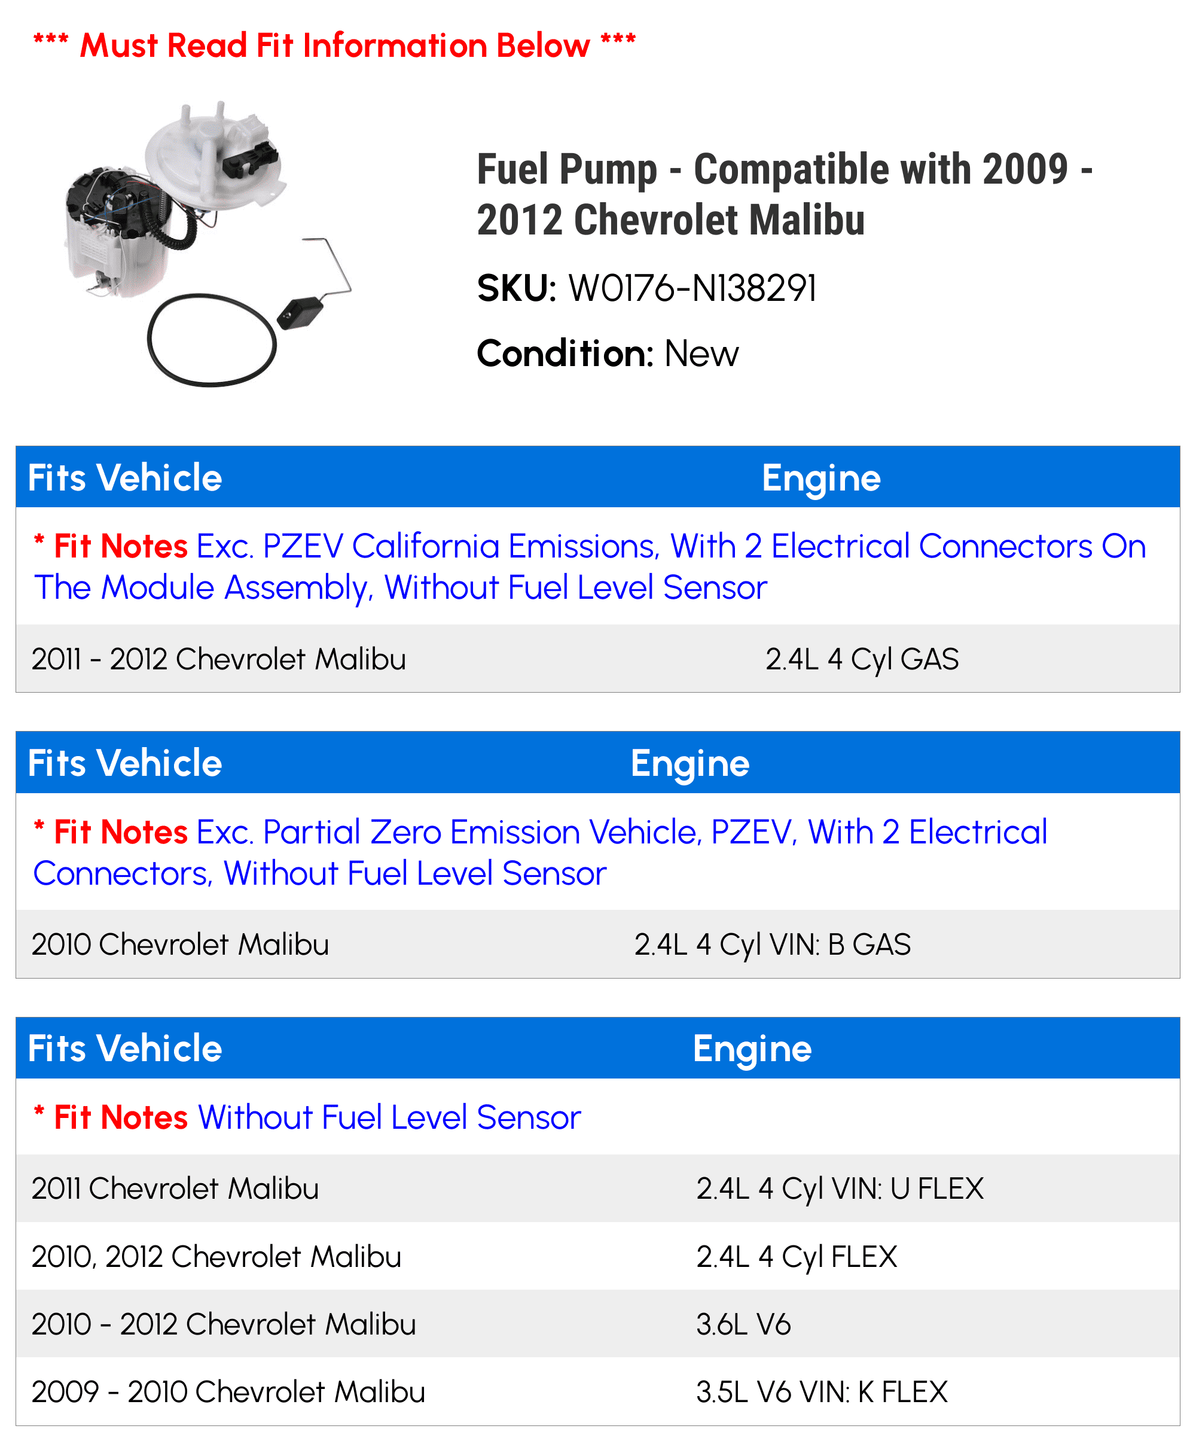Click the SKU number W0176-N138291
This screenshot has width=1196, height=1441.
point(692,288)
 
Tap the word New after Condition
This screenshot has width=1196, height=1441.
point(701,354)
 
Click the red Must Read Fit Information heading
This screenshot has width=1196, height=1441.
point(334,46)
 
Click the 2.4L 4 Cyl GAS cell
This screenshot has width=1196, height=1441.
point(861,659)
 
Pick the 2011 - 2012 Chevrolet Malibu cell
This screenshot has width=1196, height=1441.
point(219,659)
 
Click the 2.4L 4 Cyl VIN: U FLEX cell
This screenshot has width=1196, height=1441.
point(839,1189)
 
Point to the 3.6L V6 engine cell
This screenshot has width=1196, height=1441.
point(743,1324)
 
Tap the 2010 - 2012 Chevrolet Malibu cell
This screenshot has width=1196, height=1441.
point(224,1324)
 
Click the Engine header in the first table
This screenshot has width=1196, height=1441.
point(820,479)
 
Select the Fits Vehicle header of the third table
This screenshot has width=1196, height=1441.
point(125,1049)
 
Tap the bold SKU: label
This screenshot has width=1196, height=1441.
point(516,288)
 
